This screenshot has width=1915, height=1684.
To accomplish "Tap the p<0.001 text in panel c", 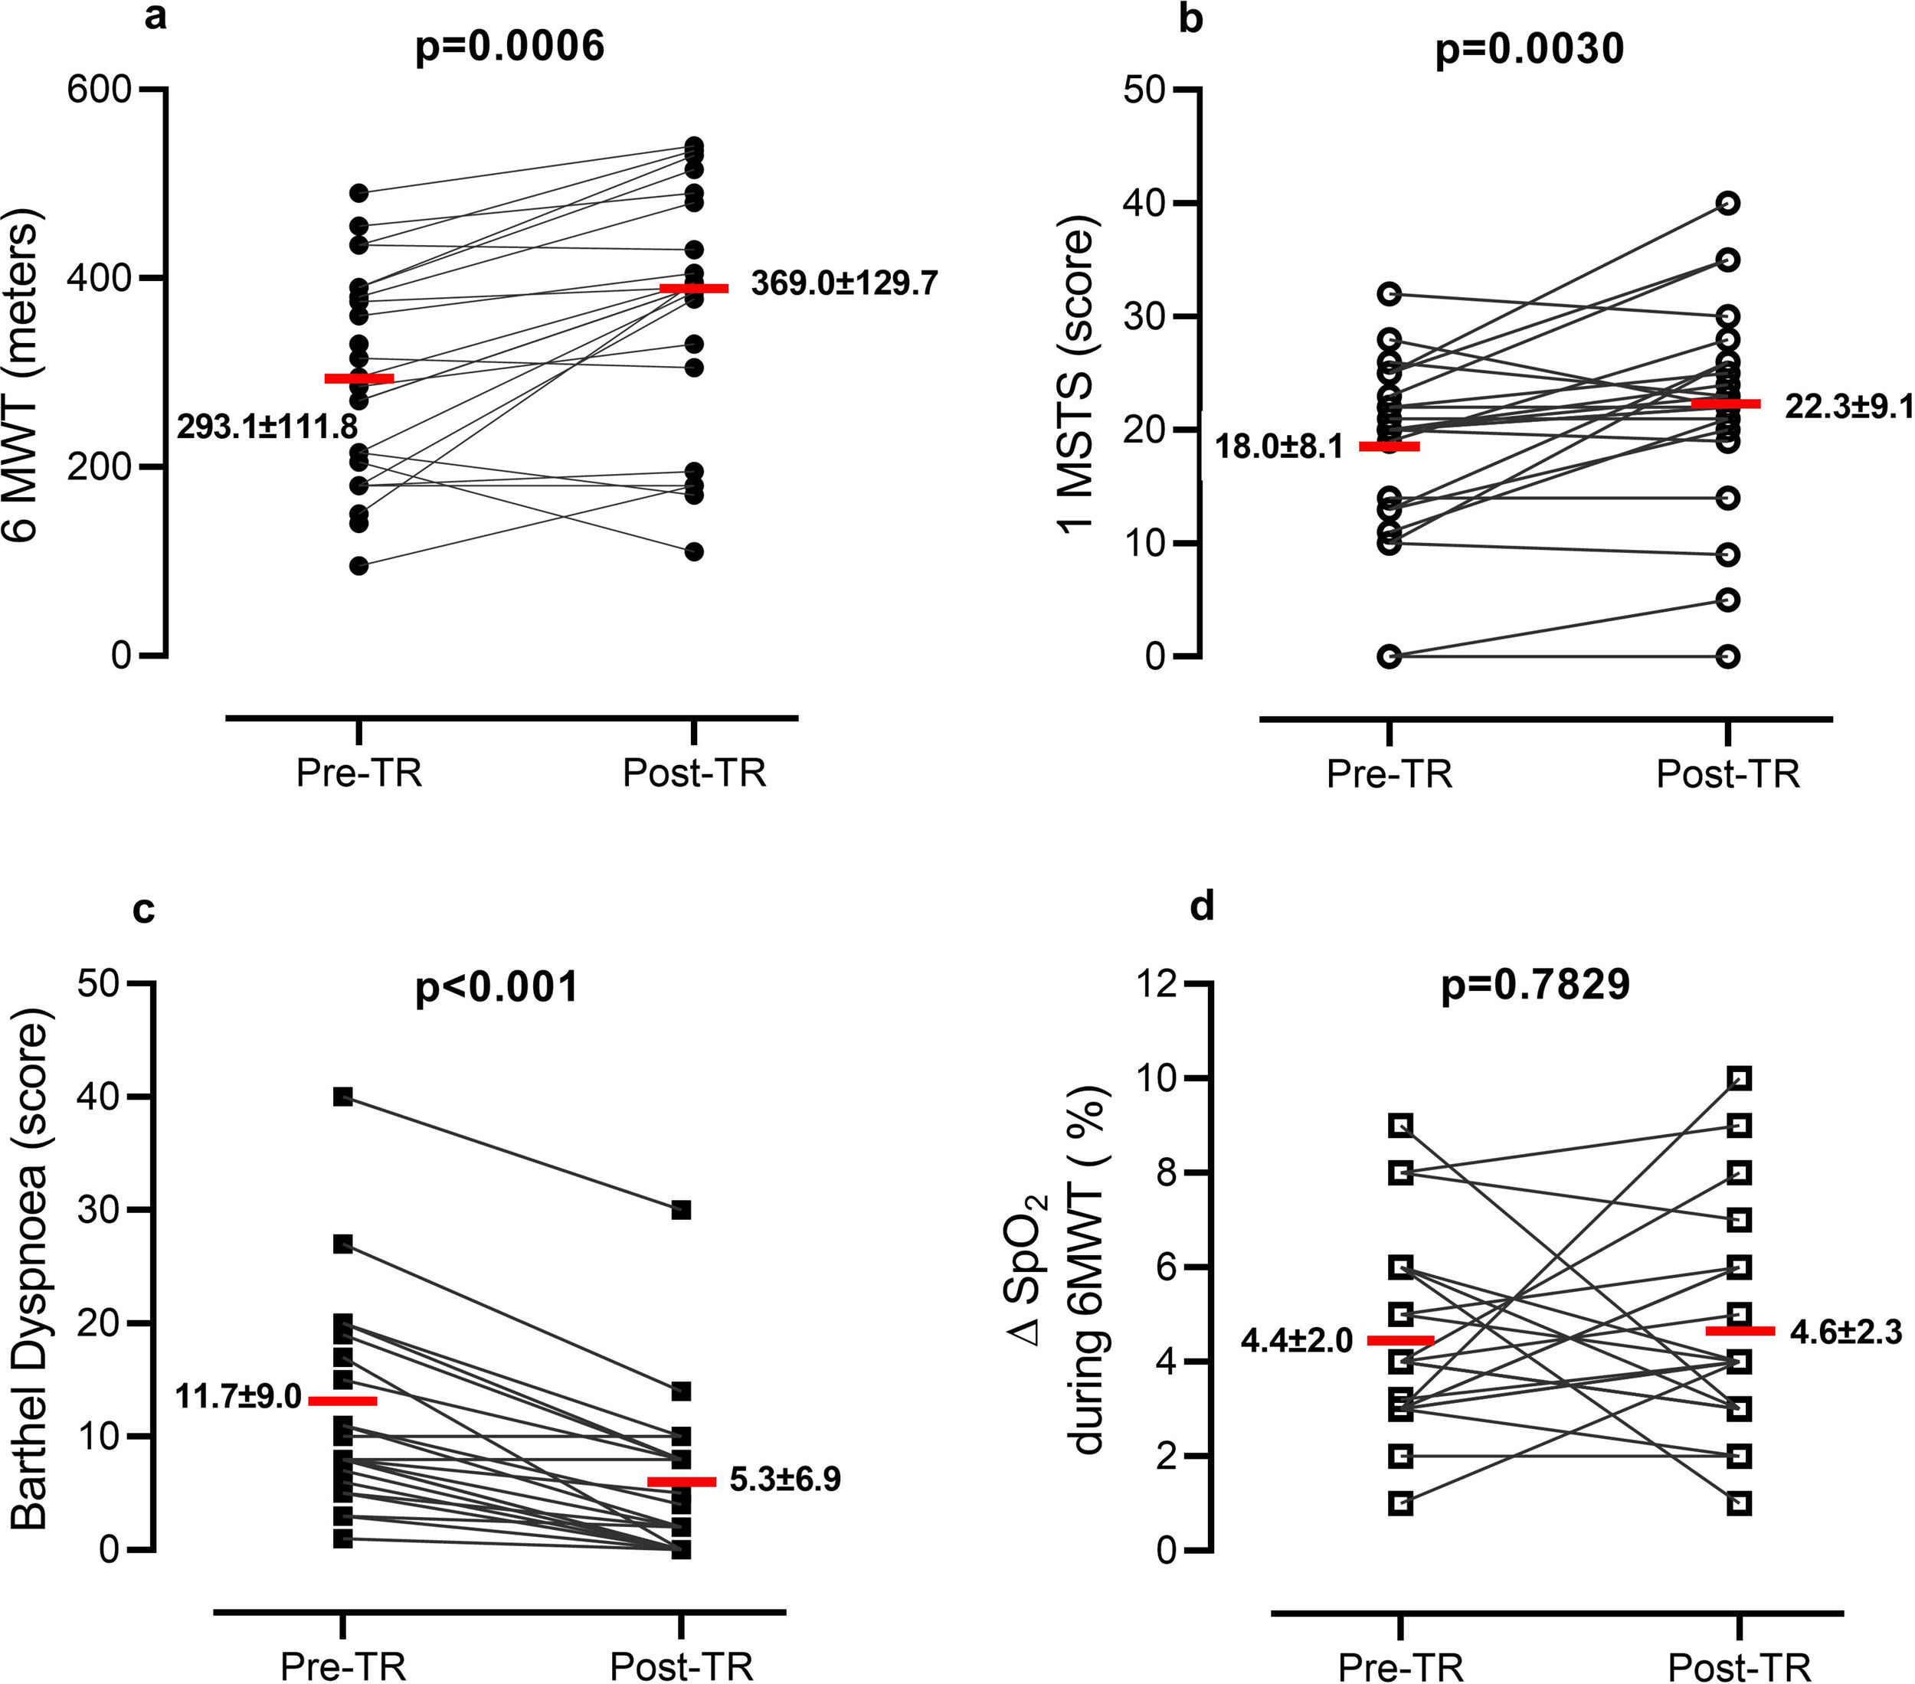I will point(496,987).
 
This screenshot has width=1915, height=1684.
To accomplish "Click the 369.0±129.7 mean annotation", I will point(844,283).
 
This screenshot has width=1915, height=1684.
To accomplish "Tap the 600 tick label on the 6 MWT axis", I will point(98,90).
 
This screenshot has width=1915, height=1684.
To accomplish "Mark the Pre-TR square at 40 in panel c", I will point(344,1097).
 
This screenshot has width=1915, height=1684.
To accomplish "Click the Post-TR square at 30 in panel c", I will point(681,1210).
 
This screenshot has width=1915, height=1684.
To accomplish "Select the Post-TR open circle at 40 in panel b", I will point(1729,203).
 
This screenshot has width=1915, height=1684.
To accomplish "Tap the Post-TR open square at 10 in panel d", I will point(1740,1079).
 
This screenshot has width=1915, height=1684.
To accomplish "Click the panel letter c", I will point(143,908).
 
